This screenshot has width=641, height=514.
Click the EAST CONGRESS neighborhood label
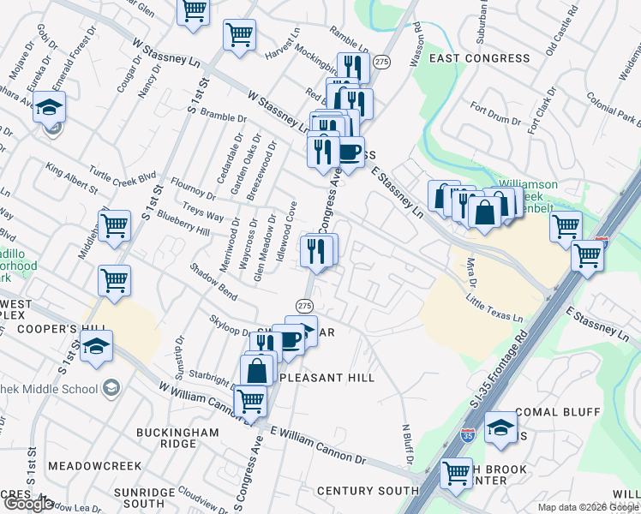pos(480,58)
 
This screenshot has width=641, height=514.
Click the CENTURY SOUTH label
pos(356,491)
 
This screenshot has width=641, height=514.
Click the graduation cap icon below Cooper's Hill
pos(97,347)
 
